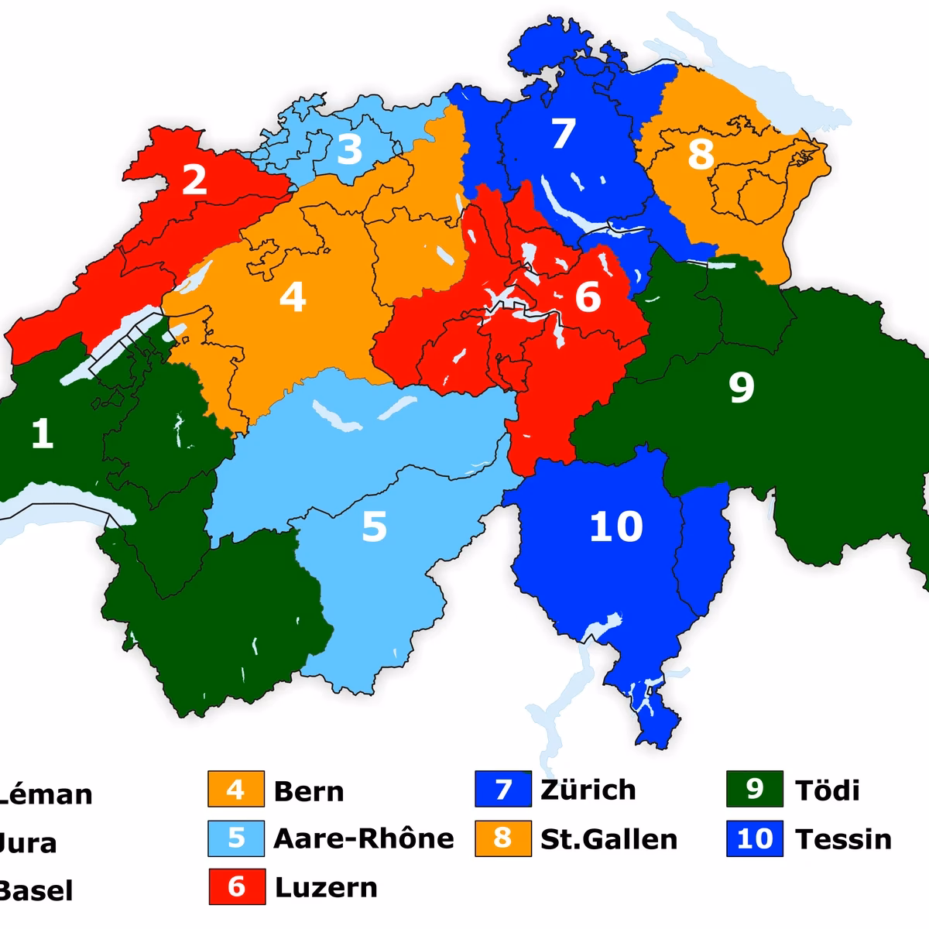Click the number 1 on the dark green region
point(42,434)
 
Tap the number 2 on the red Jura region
point(194,179)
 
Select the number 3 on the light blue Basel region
point(349,149)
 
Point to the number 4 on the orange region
point(293,297)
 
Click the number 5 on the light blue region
point(374,526)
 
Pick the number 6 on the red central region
point(588,297)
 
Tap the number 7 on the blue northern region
point(563,133)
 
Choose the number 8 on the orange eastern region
point(701,154)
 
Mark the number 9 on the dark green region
point(741,387)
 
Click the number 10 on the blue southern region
point(616,526)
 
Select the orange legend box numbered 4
point(236,790)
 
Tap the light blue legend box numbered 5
point(236,838)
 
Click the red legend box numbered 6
point(236,886)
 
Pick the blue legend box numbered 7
point(503,790)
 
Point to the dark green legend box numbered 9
point(755,790)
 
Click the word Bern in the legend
point(309,791)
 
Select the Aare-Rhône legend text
point(364,839)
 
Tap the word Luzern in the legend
point(326,887)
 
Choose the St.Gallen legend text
point(608,839)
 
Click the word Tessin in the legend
point(843,839)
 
